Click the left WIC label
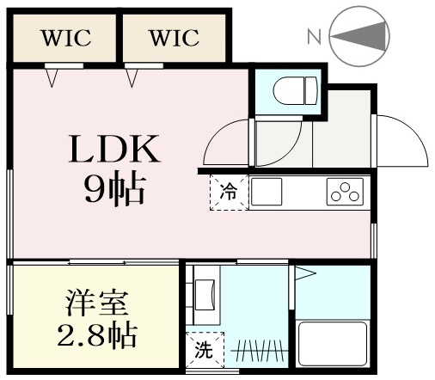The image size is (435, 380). tap(67, 38)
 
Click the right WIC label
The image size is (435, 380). tap(175, 38)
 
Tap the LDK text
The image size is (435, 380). tap(114, 149)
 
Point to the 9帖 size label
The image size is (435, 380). tap(114, 188)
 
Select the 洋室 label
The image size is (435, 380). tap(97, 303)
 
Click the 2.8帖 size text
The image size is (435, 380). tap(97, 334)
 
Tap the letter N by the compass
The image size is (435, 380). tap(314, 36)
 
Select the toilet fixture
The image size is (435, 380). tap(296, 91)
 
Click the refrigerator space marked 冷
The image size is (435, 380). tap(229, 193)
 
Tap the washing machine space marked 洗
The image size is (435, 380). tap(205, 350)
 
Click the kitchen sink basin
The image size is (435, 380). tap(267, 192)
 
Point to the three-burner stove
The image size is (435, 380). tap(345, 192)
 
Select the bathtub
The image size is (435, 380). tap(333, 344)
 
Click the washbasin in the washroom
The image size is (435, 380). tap(205, 295)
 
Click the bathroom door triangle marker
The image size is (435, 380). tap(305, 273)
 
